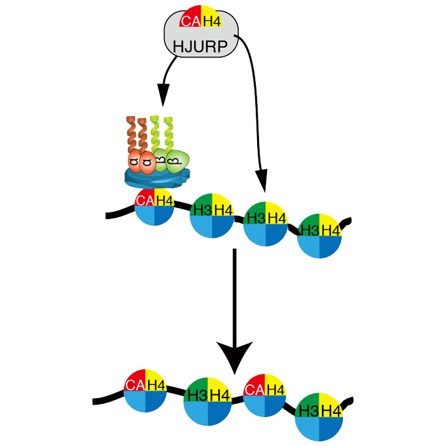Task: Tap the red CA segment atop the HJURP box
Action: [x=190, y=21]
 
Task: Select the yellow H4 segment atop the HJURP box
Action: [x=211, y=22]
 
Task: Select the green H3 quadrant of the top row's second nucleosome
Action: [x=202, y=208]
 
